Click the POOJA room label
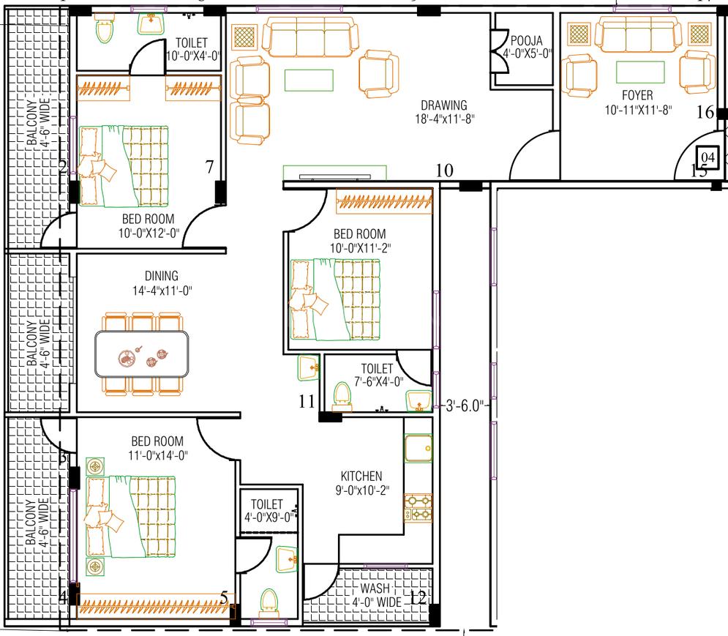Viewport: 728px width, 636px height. [527, 40]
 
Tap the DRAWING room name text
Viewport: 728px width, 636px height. [444, 105]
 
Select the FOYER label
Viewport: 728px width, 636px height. [637, 95]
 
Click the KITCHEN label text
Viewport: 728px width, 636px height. [361, 476]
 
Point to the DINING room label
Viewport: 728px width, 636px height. [162, 276]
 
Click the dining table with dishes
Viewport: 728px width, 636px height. [142, 353]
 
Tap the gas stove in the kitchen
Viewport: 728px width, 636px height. [418, 508]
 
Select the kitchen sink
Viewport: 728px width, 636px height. [419, 448]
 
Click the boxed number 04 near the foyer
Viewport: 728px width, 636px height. [708, 157]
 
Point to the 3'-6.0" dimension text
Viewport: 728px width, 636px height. [465, 406]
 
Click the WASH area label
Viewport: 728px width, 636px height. [375, 588]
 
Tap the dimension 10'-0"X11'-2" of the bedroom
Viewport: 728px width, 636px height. [360, 248]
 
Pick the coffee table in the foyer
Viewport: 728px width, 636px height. [640, 72]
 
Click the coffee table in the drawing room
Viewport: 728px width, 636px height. [309, 81]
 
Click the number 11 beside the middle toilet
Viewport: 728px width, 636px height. [307, 401]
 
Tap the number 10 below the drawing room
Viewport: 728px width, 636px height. [444, 170]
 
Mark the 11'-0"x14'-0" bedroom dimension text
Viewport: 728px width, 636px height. [158, 455]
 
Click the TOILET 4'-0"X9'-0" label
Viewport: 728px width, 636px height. [268, 511]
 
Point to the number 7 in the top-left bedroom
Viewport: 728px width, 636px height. [210, 166]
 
